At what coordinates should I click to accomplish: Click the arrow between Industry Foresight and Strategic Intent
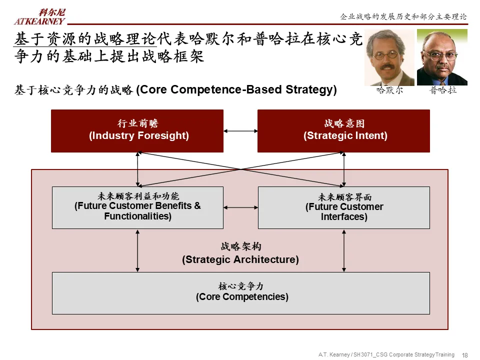click(240, 131)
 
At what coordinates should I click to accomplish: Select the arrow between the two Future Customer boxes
click(240, 207)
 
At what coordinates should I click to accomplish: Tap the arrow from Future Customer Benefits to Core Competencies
click(137, 250)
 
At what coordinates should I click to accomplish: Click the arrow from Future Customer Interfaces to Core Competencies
click(344, 250)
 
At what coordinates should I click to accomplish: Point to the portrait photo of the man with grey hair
click(389, 57)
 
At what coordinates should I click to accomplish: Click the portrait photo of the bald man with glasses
click(442, 57)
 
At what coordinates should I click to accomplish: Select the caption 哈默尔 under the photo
click(389, 90)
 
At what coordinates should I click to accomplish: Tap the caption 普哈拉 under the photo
click(443, 90)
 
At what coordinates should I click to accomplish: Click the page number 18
click(465, 355)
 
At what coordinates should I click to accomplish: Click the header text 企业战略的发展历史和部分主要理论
click(403, 17)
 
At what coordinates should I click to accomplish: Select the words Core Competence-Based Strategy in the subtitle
click(236, 90)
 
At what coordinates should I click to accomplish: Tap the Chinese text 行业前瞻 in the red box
click(137, 124)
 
